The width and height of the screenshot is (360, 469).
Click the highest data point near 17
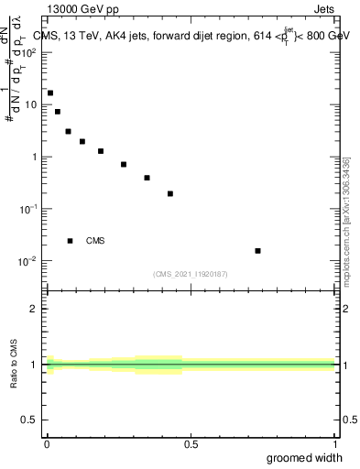tap(50, 93)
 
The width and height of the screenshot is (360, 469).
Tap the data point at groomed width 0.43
tap(170, 193)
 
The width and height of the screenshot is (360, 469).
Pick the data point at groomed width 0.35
tap(147, 178)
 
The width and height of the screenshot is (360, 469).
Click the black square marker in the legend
tap(70, 241)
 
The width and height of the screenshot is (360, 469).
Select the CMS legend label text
tap(95, 241)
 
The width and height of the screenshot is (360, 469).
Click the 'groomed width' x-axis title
tap(305, 457)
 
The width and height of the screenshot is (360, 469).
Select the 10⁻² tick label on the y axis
tap(28, 261)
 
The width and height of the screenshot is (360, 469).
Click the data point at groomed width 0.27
tap(124, 164)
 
